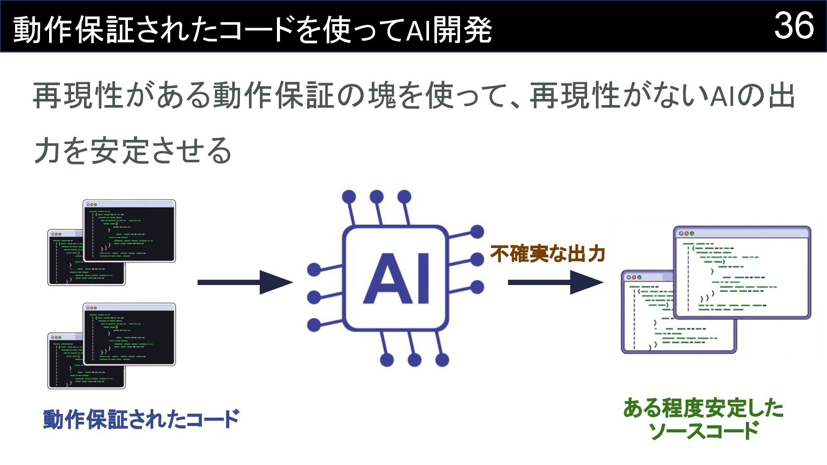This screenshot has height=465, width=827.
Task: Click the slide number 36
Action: point(794,26)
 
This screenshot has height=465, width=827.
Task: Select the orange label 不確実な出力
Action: point(548,254)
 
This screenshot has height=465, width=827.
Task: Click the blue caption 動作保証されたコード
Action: point(141,419)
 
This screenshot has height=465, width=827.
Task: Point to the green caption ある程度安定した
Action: point(703,408)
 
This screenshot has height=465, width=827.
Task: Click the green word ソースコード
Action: point(703,431)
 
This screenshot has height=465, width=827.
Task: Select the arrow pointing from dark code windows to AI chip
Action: point(245,282)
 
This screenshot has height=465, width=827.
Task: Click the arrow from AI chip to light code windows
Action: point(555,282)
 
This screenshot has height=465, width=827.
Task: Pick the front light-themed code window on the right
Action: point(742,273)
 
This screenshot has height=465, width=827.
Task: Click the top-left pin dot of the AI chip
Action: point(349,197)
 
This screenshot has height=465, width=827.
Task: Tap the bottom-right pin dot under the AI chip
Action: point(442,360)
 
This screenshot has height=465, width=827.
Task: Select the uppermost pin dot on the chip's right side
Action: point(477,232)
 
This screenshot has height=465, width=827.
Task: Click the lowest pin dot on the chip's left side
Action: point(314,325)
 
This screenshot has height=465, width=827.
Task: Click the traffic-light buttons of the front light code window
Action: point(686,233)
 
